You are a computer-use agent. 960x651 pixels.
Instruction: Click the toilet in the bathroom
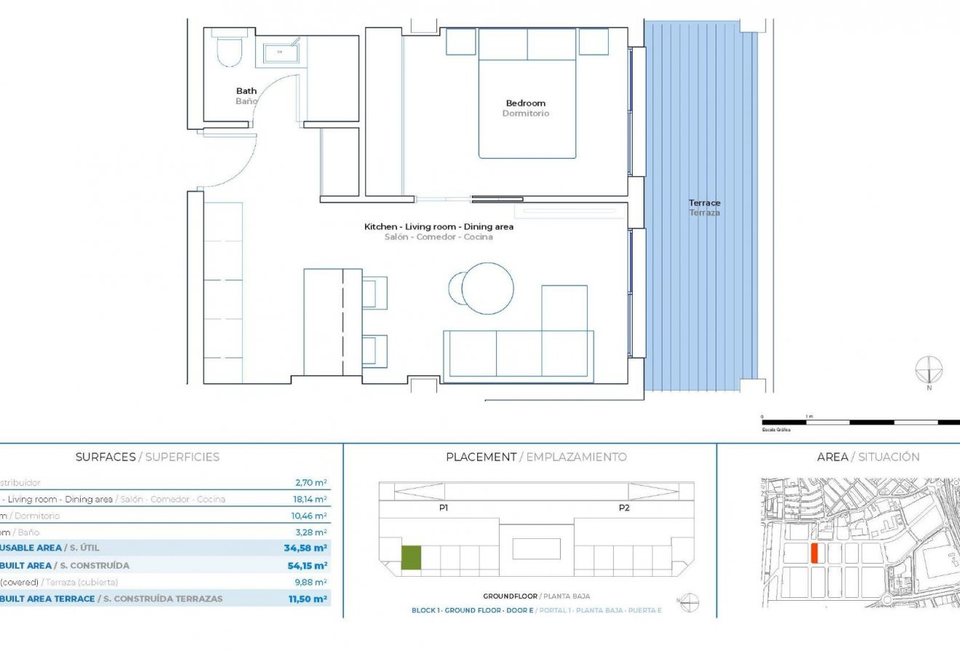pyautogui.click(x=230, y=50)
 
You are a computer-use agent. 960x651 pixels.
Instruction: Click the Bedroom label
pyautogui.click(x=526, y=103)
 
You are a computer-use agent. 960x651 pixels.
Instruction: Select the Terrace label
pyautogui.click(x=705, y=203)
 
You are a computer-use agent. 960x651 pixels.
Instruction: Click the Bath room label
pyautogui.click(x=246, y=91)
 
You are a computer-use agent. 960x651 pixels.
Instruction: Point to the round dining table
pyautogui.click(x=487, y=288)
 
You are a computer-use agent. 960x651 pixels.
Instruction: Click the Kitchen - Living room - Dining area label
pyautogui.click(x=439, y=227)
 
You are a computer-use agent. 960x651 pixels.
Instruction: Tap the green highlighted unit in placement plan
pyautogui.click(x=411, y=558)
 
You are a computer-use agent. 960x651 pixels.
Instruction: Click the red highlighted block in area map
pyautogui.click(x=815, y=553)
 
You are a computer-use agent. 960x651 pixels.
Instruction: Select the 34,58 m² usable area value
pyautogui.click(x=305, y=548)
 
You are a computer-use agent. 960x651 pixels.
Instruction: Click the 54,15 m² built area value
pyautogui.click(x=305, y=565)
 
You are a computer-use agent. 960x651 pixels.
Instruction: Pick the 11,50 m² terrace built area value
pyautogui.click(x=305, y=599)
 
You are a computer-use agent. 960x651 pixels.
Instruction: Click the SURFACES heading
pyautogui.click(x=105, y=457)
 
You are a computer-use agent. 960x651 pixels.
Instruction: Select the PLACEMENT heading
pyautogui.click(x=480, y=457)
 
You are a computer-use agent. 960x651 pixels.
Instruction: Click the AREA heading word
pyautogui.click(x=833, y=457)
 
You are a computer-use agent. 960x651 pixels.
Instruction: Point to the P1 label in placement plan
pyautogui.click(x=444, y=508)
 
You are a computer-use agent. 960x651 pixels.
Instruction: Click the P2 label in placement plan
pyautogui.click(x=624, y=508)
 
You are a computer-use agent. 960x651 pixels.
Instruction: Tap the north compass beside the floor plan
pyautogui.click(x=929, y=370)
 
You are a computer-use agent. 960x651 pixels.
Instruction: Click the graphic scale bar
pyautogui.click(x=858, y=422)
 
